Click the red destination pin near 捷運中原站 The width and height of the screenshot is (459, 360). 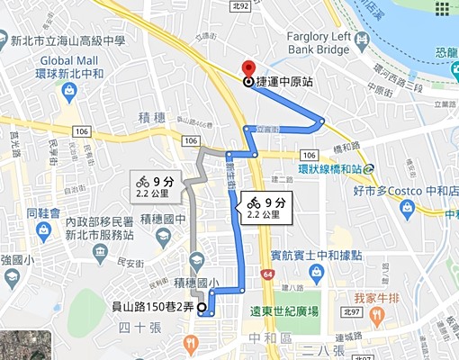(248, 67)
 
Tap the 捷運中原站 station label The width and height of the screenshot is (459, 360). (284, 81)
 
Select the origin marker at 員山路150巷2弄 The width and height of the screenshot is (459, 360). (201, 308)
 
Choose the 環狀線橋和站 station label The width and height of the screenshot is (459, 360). (330, 167)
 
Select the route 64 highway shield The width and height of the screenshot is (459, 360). (267, 274)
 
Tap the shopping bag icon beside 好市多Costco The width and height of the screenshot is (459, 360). (406, 207)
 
